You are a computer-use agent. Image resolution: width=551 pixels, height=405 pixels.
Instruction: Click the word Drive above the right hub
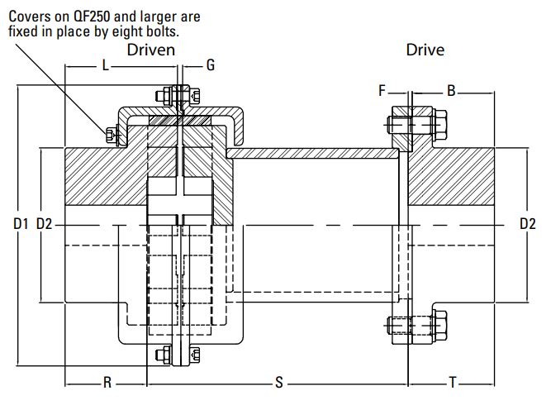click(x=425, y=50)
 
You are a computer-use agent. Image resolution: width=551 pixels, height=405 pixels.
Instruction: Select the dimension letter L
click(x=105, y=64)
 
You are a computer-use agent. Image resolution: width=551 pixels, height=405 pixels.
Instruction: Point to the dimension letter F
click(x=382, y=90)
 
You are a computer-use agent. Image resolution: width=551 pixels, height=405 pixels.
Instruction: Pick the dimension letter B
click(x=451, y=90)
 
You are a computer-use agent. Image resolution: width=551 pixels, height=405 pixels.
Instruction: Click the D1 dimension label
click(x=21, y=224)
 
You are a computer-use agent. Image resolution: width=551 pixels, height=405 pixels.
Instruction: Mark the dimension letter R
click(x=107, y=382)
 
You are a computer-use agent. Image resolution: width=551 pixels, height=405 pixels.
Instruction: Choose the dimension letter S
click(x=278, y=382)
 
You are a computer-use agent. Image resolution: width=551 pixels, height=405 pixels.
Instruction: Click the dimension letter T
click(x=452, y=382)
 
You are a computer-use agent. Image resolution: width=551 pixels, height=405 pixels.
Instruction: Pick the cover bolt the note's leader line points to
click(x=109, y=134)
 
